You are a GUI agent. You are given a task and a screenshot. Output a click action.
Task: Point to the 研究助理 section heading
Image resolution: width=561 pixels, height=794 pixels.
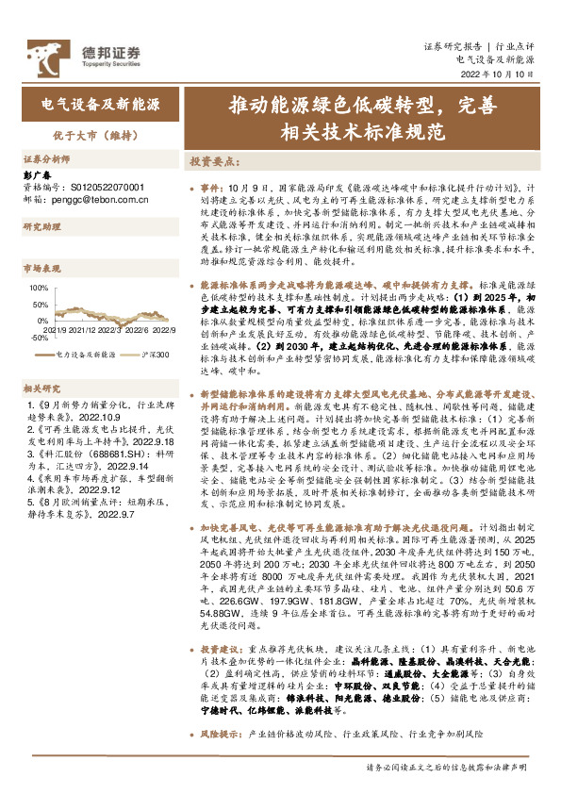pos(41,226)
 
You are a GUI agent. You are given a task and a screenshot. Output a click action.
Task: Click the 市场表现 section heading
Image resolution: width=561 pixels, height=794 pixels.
pos(41,269)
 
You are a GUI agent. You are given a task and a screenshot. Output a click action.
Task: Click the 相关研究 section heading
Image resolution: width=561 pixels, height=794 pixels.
pos(41,387)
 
